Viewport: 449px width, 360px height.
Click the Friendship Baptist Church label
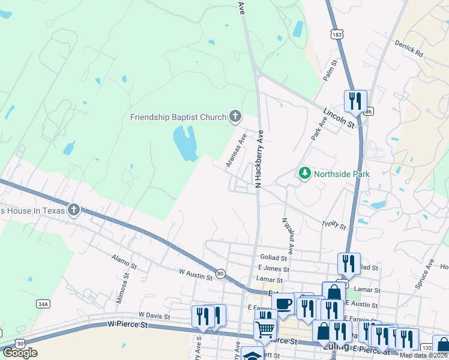(178, 116)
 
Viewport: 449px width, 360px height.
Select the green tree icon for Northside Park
(305, 173)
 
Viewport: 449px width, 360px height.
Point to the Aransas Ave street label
(236, 151)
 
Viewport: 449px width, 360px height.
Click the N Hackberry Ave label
(261, 158)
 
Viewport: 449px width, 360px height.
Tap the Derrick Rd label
(409, 49)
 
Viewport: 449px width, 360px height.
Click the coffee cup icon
(283, 302)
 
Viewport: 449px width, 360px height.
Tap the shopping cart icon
(265, 329)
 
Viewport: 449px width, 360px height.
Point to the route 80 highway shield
(220, 274)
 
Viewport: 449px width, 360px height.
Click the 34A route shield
(43, 304)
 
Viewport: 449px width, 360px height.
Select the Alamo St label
(124, 261)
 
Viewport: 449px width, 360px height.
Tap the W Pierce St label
(128, 324)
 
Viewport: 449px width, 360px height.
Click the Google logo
(20, 353)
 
